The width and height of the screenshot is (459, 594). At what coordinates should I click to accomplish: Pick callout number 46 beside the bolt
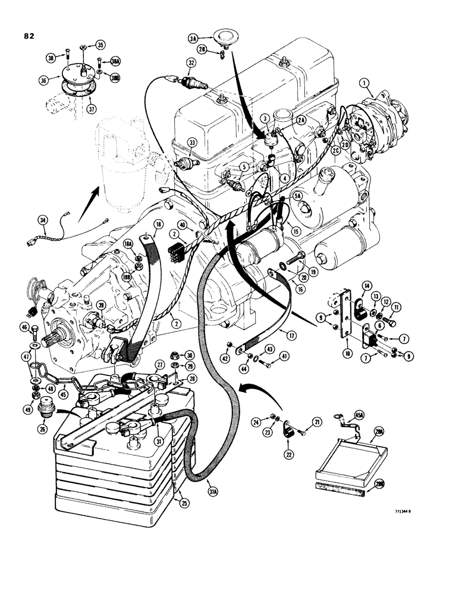click(x=25, y=327)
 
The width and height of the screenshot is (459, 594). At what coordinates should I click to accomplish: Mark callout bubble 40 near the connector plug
click(x=183, y=225)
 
